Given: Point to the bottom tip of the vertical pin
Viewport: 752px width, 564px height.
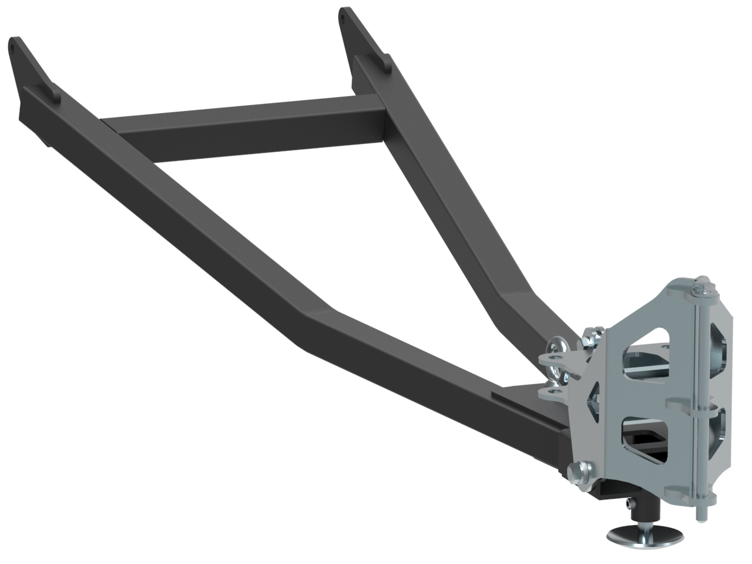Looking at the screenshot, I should [x=700, y=517].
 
